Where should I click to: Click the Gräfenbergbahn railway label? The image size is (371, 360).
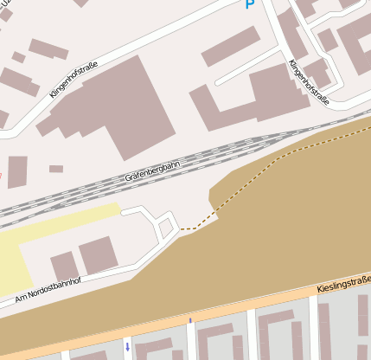152,171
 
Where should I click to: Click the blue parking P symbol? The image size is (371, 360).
251,4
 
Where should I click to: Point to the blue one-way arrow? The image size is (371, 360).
128,348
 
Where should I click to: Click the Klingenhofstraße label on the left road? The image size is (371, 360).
74,79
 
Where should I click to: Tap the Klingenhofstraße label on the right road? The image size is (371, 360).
309,80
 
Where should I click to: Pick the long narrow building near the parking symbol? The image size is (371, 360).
230,46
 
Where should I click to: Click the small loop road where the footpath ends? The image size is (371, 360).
166,228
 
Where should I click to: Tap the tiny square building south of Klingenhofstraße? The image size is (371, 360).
56,169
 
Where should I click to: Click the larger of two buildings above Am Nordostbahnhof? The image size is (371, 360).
98,256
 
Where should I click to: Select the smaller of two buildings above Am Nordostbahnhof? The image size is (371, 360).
63,267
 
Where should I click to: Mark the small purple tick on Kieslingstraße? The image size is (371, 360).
189,321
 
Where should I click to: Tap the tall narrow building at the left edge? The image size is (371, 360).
17,171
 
